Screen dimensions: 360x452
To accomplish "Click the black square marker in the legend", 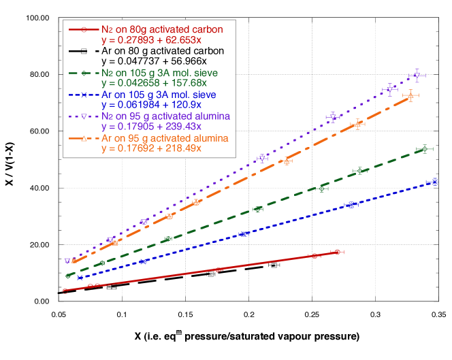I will coord(83,51).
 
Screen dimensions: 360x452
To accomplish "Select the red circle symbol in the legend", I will coord(83,29).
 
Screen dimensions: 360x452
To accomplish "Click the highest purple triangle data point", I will coord(417,76).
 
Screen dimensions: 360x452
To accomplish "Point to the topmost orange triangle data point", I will coord(410,96).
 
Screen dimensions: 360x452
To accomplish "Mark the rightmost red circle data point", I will coord(338,252).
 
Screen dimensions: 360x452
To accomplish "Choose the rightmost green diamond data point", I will coord(425,149).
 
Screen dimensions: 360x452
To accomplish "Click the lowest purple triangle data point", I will coord(67,261).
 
